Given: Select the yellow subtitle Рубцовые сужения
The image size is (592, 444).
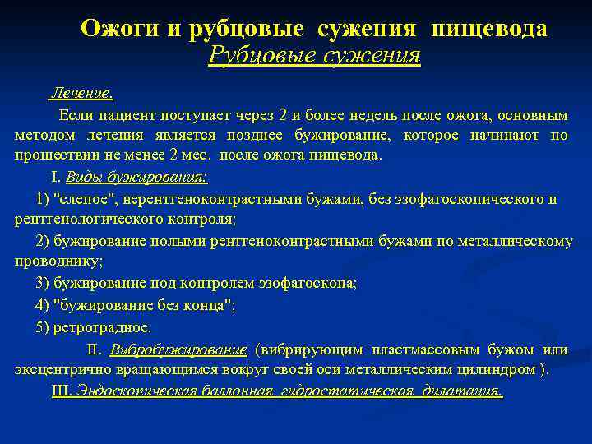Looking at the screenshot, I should tap(315, 55).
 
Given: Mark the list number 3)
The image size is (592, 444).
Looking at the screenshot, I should tap(43, 284).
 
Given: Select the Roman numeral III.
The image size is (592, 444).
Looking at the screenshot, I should tap(62, 391).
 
